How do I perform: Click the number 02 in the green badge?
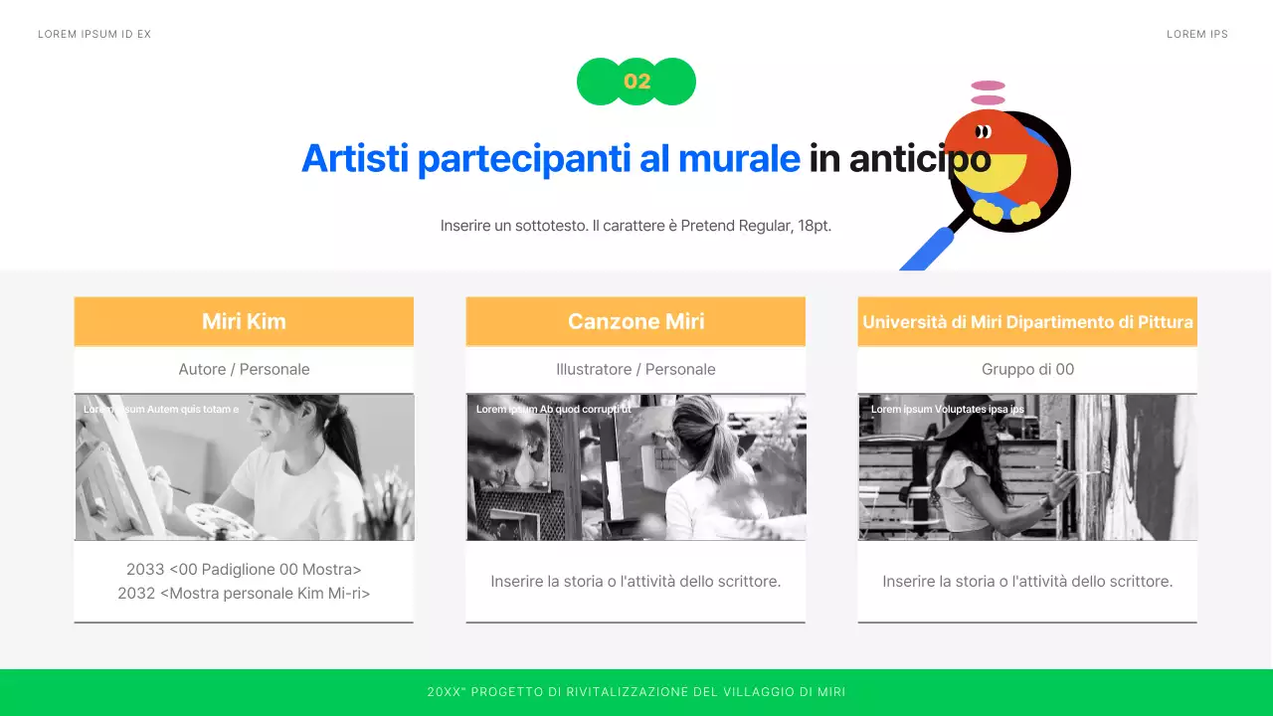[636, 82]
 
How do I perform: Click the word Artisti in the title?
[355, 159]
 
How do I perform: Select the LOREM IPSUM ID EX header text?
[94, 35]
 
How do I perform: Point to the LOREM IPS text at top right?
[1197, 35]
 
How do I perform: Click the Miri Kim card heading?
[244, 321]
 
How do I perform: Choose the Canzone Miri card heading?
[636, 321]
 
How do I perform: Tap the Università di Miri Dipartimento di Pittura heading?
[1027, 322]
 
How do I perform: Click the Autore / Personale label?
[244, 369]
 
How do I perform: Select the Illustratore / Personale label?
[636, 369]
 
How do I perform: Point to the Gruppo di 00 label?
[1027, 369]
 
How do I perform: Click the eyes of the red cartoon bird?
[983, 131]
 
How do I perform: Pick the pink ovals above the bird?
[988, 92]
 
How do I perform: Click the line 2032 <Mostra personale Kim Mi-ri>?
[244, 594]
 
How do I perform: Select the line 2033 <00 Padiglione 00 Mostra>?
[244, 570]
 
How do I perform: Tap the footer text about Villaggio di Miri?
[636, 692]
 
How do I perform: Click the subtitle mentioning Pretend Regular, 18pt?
[636, 226]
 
